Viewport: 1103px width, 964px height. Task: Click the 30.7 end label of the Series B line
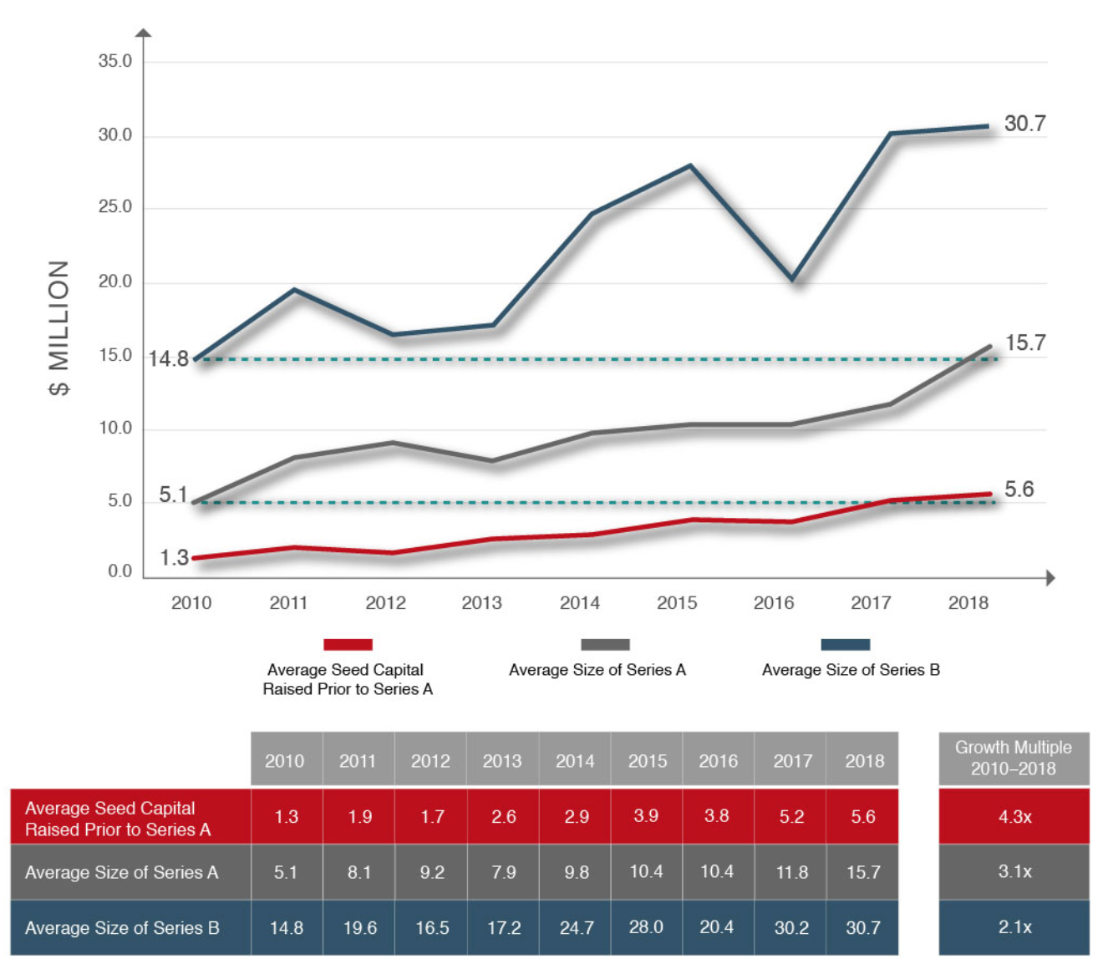[1024, 124]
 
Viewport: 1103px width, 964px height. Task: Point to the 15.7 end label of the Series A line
[1025, 343]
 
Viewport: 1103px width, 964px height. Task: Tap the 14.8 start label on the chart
[168, 359]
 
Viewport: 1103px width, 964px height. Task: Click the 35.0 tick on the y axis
[115, 61]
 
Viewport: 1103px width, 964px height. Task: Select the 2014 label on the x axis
[580, 602]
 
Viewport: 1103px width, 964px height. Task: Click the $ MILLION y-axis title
[58, 327]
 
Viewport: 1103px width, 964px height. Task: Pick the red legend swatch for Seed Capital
[348, 644]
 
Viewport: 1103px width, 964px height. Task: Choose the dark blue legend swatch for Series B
[845, 644]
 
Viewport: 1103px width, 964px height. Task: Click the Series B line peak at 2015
[690, 165]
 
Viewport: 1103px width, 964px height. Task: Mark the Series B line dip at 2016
[792, 279]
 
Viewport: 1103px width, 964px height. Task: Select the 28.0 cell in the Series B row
[646, 927]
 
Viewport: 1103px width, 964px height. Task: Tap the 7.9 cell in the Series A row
[504, 872]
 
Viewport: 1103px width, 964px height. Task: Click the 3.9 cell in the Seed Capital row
[646, 816]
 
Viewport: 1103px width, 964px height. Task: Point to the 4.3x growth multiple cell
[1014, 816]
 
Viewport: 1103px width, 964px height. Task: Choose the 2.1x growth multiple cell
[1014, 927]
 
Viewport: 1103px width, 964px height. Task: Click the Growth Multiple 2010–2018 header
[1014, 758]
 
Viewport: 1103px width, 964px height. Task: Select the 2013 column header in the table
[502, 761]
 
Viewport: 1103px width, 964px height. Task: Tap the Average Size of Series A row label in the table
[122, 872]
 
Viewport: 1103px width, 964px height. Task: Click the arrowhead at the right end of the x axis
[1050, 577]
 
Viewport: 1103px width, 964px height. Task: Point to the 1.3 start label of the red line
[174, 557]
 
